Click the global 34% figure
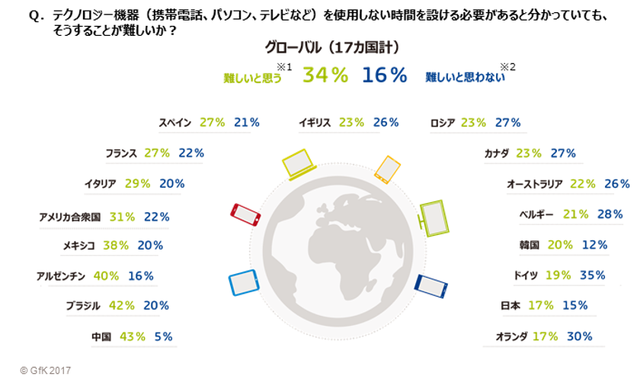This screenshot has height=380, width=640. click(325, 75)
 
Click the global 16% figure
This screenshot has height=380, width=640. click(384, 75)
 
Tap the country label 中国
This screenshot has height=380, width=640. click(101, 336)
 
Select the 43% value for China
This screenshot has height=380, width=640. click(134, 336)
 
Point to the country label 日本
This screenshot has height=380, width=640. click(510, 305)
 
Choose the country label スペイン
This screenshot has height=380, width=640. click(175, 122)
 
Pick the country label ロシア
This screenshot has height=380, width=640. click(441, 122)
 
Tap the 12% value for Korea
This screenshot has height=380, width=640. click(592, 245)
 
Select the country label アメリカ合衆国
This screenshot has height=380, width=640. click(70, 217)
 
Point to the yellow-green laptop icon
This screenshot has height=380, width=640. click(298, 163)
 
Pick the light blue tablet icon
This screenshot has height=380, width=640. click(244, 282)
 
